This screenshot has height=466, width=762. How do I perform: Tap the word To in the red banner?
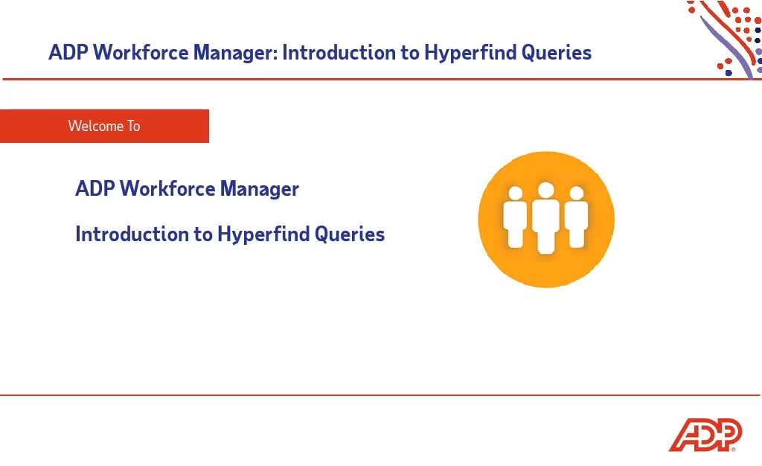(132, 126)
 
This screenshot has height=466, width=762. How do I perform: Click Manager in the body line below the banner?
(259, 189)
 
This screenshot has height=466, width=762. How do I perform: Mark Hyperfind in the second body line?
(263, 234)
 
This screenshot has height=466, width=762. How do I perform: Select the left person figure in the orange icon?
(515, 217)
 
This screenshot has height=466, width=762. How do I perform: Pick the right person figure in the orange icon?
(577, 217)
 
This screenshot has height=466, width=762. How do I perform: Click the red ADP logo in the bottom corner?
(705, 435)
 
